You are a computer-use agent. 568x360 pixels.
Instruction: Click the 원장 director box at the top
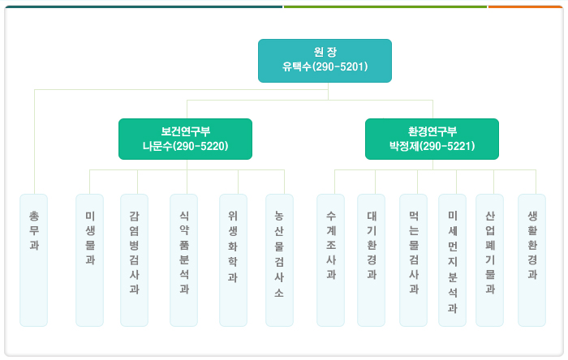325,61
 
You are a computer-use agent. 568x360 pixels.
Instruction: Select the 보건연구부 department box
185,139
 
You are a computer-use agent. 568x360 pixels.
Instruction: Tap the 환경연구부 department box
432,139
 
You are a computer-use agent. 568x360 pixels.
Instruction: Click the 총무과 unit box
34,260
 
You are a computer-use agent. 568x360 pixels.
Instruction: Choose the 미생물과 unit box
89,260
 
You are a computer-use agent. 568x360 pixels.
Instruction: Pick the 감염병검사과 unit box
134,260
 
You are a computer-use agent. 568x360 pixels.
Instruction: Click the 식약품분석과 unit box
183,260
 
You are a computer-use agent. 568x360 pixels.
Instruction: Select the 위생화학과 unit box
233,260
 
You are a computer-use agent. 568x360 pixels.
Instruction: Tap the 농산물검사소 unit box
279,260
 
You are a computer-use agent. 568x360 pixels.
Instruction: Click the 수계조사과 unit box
330,260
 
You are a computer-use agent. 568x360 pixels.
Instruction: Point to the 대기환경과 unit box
371,260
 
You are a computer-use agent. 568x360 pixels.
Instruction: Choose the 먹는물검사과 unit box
413,260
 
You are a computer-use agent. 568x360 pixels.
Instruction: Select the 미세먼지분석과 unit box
452,260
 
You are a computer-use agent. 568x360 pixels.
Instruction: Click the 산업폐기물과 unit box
489,260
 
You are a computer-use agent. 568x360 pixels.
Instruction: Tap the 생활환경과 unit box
531,260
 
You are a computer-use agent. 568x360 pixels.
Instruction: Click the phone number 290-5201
340,67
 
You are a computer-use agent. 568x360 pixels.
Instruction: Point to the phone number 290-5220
200,146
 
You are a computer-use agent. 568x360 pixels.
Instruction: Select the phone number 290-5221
447,146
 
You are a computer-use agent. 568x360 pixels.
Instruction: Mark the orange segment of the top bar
525,6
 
